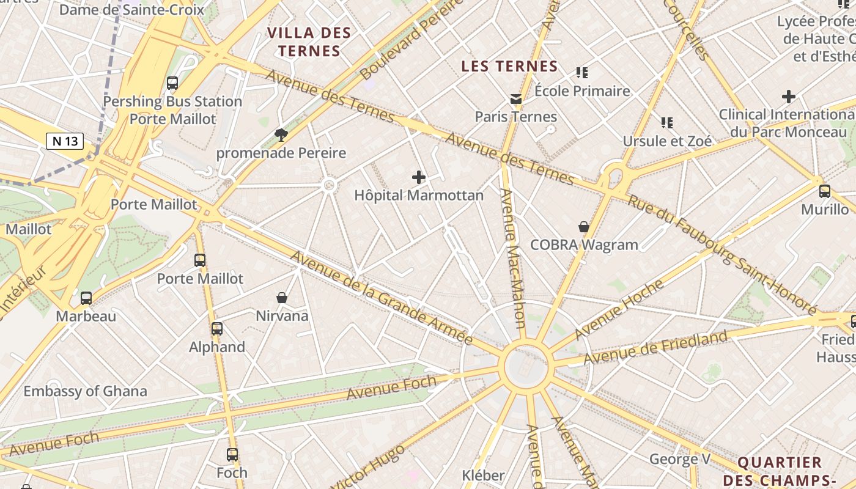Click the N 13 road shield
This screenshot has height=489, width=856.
coord(65,141)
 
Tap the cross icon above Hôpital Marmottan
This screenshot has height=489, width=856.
coord(419,177)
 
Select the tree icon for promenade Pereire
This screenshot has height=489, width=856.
coord(281,134)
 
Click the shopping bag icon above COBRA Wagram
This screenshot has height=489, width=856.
coord(584,227)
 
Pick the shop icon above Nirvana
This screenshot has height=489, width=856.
coord(282,298)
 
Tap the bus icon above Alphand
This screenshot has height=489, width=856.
coord(217,328)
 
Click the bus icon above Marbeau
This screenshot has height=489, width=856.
coord(86,298)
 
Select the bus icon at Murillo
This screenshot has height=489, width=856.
coord(825,191)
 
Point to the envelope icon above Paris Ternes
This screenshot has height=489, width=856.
coord(516,98)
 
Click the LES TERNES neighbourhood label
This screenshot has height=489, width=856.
coord(509,66)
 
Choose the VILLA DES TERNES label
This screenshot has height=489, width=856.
coord(309,42)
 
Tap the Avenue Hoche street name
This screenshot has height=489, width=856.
coord(619,309)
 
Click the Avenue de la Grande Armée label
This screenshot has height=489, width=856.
coord(382,298)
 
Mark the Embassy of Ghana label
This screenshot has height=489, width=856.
coord(86,391)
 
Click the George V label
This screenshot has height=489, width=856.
coord(679,458)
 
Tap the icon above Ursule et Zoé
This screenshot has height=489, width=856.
coord(667,123)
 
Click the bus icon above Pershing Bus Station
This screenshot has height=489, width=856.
coord(172,83)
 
